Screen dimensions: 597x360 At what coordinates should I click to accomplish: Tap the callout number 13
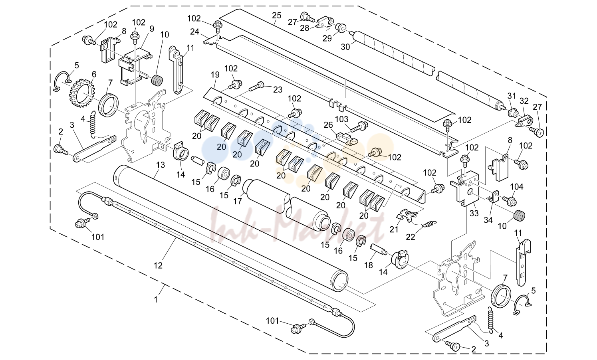161,165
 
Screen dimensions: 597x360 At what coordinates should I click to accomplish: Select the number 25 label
277,16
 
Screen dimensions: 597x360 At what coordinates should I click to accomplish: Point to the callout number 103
342,119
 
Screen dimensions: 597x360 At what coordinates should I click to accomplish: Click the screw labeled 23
256,86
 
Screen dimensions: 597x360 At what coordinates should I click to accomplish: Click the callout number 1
156,299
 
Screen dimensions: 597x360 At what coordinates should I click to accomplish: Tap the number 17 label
238,201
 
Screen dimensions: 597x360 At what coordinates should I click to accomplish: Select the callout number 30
345,47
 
